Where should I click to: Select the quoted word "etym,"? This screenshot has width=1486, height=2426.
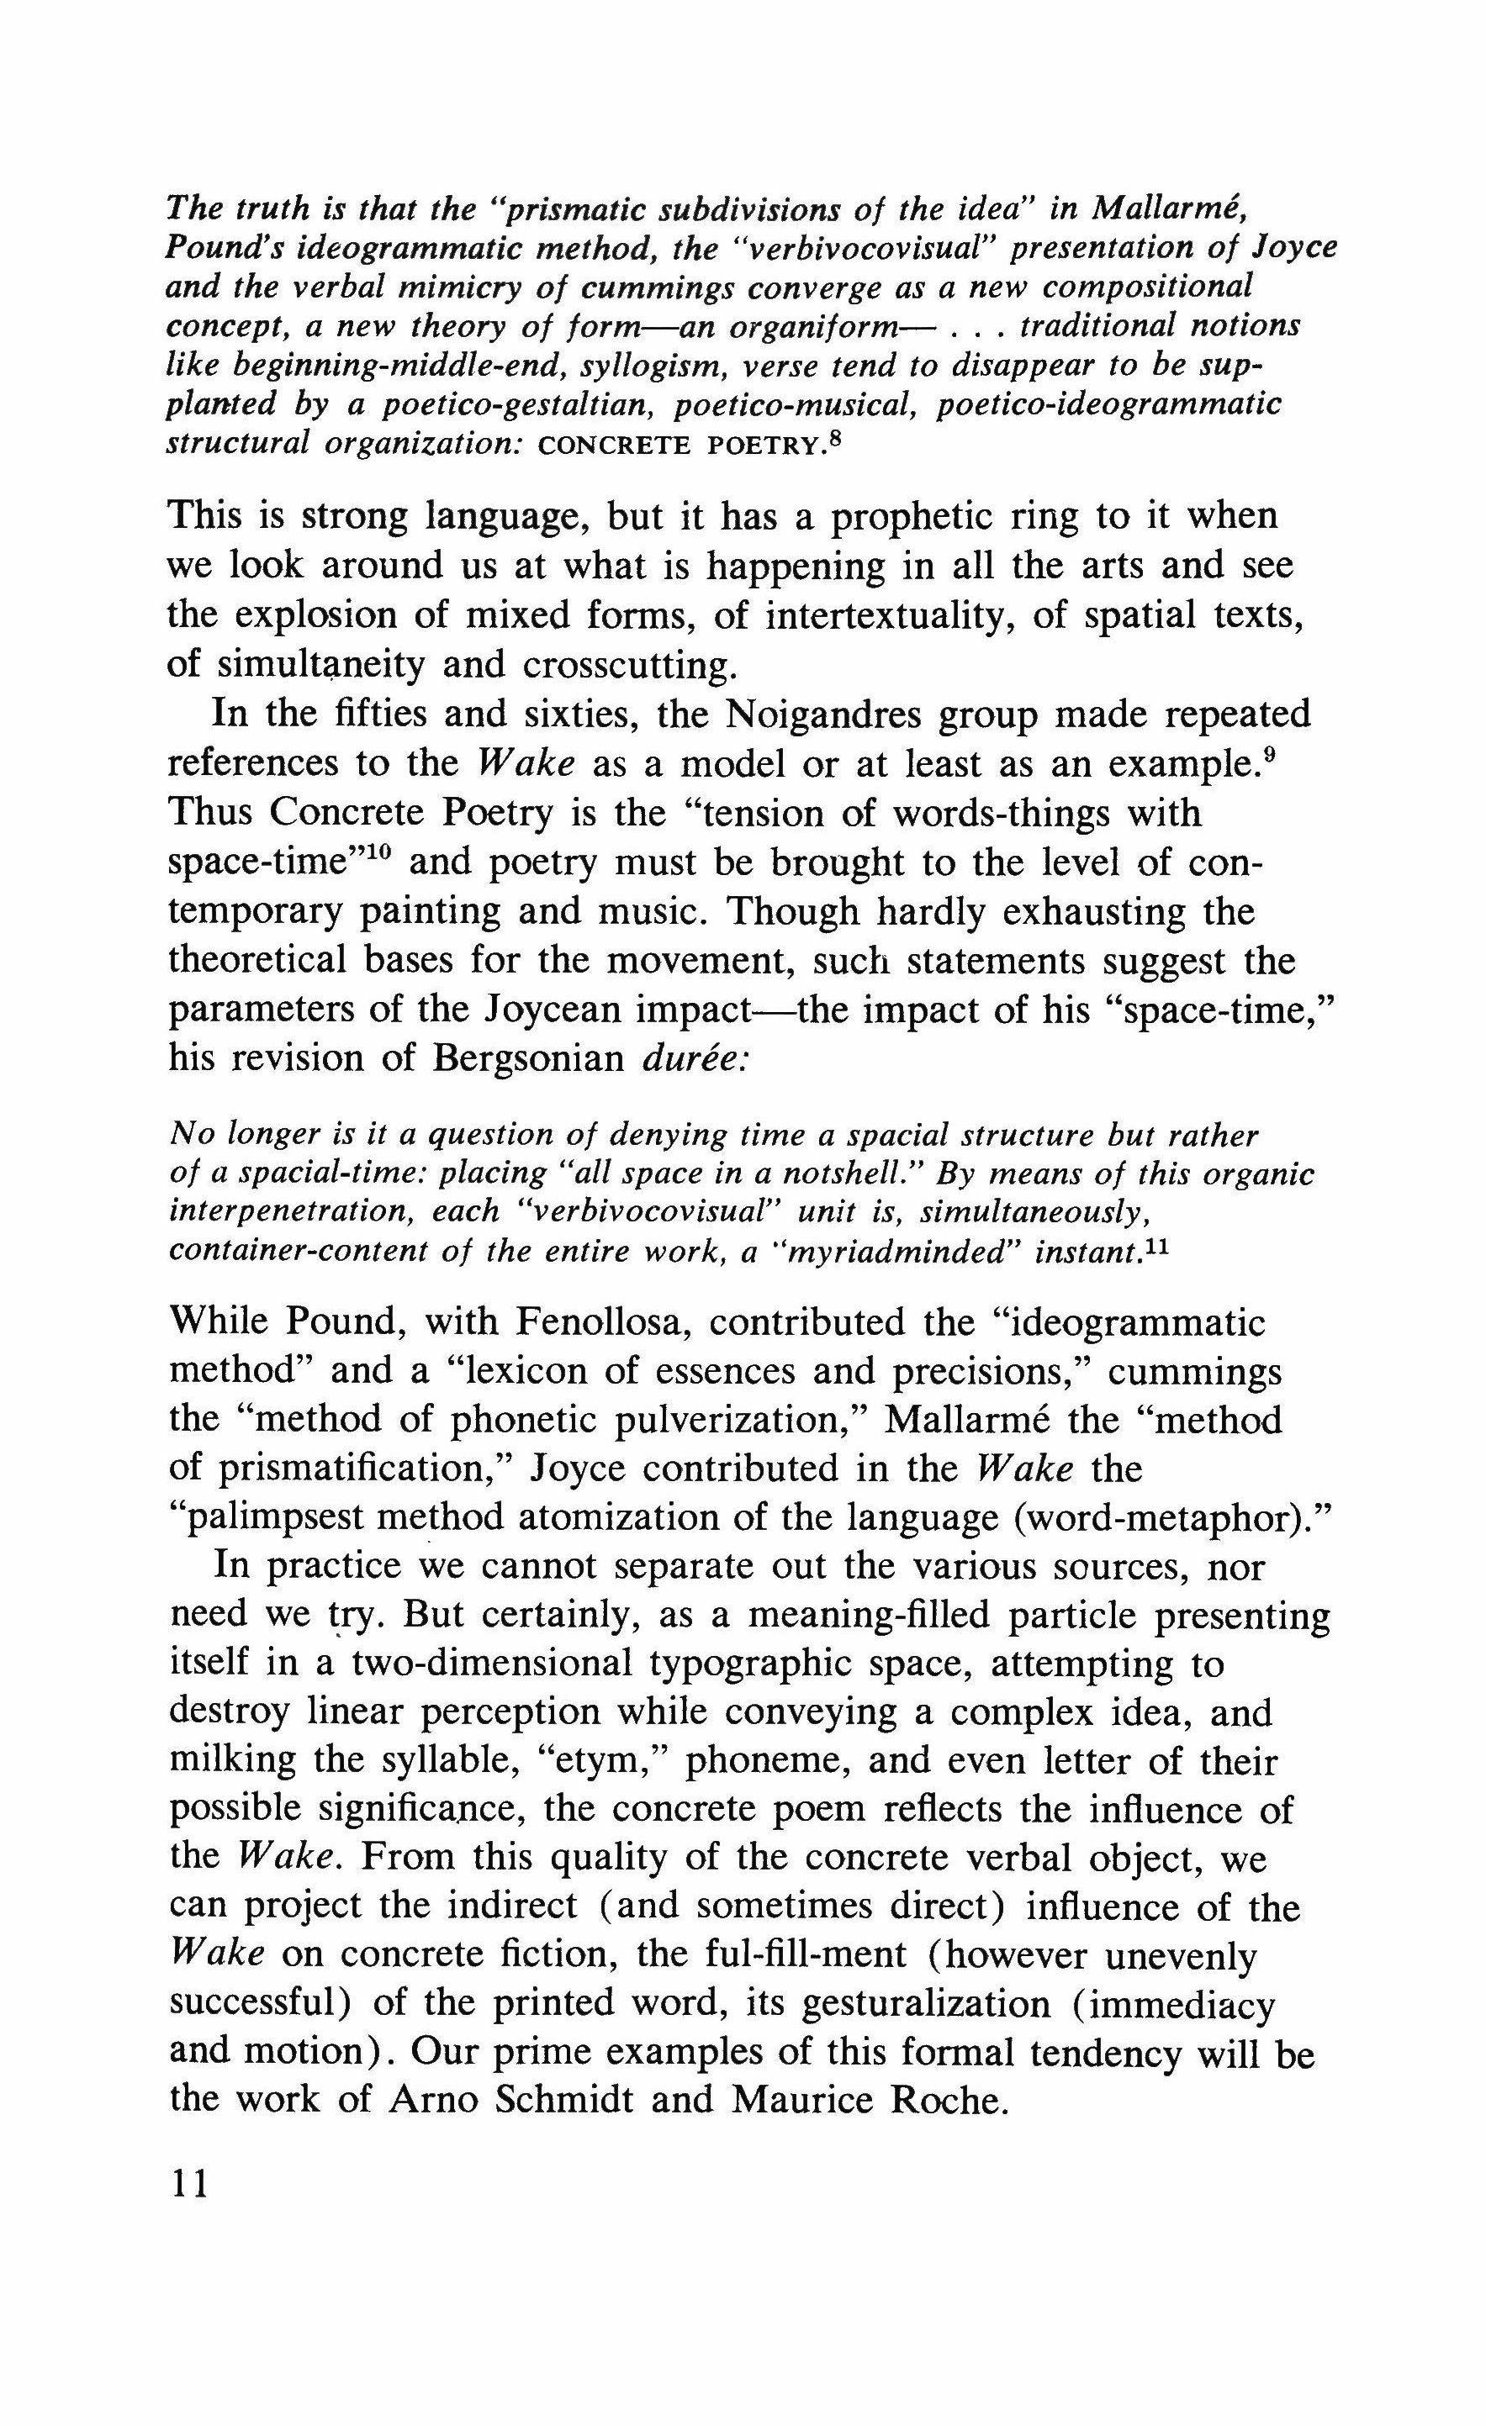[x=606, y=1759]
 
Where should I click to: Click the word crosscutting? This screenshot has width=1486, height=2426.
[x=630, y=666]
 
